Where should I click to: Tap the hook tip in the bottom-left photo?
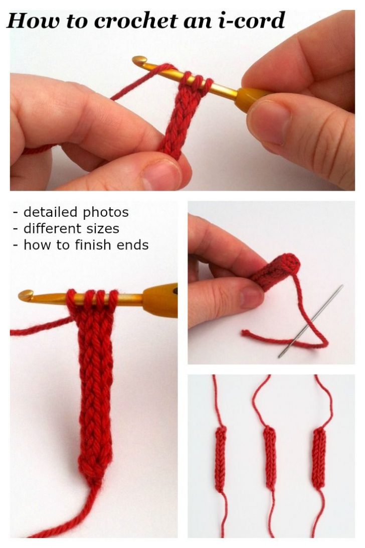pyautogui.click(x=26, y=296)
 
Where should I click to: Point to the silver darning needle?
pyautogui.click(x=311, y=321)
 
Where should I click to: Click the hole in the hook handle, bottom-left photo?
pyautogui.click(x=174, y=290)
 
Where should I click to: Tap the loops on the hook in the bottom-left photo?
pyautogui.click(x=93, y=300)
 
